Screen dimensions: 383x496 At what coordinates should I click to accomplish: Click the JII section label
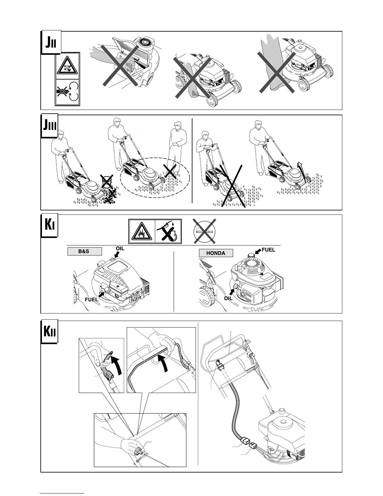pos(51,42)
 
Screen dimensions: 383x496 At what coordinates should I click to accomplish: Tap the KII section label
pos(49,332)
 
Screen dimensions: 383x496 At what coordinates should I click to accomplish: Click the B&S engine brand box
pos(85,251)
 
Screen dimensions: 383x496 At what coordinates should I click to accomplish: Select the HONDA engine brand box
pos(216,253)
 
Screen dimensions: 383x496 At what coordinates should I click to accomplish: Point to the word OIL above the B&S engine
pos(120,248)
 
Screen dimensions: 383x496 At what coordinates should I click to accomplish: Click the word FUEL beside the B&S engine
pos(92,299)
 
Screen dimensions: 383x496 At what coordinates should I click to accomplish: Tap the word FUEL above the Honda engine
pos(268,250)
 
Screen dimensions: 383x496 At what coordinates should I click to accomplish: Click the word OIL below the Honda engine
pos(228,298)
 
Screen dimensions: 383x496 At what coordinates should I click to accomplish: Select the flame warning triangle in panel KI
pos(142,232)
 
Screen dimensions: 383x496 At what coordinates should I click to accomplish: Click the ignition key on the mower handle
pos(219,363)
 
